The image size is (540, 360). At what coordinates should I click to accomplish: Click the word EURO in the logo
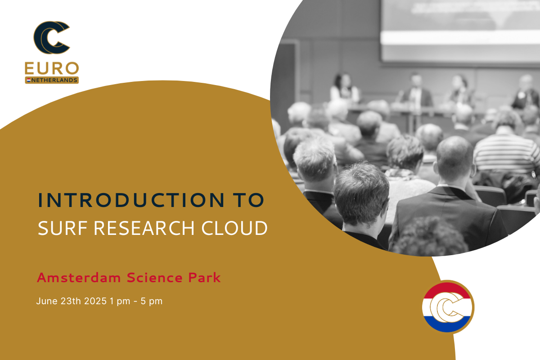click(52, 68)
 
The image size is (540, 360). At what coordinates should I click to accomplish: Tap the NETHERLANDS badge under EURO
click(52, 80)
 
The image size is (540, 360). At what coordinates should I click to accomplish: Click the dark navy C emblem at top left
click(52, 38)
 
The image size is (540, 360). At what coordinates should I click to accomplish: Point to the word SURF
click(63, 228)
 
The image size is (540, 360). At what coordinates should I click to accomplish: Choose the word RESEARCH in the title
click(144, 228)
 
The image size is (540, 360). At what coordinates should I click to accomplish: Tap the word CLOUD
click(234, 228)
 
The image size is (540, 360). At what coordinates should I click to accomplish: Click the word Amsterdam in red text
click(79, 278)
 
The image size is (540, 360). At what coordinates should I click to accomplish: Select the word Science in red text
click(155, 278)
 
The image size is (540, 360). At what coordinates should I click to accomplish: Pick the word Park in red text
click(205, 278)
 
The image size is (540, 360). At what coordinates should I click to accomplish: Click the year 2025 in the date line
click(95, 301)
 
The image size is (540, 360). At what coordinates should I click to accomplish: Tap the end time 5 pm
click(152, 301)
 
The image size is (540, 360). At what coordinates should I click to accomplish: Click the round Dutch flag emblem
click(448, 307)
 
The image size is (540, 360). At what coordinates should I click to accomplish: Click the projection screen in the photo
click(460, 29)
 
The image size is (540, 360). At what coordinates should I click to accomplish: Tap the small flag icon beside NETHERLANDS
click(29, 80)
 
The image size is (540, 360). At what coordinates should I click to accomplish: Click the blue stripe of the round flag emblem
click(447, 324)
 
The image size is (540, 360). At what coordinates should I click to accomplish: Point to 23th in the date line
click(71, 301)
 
